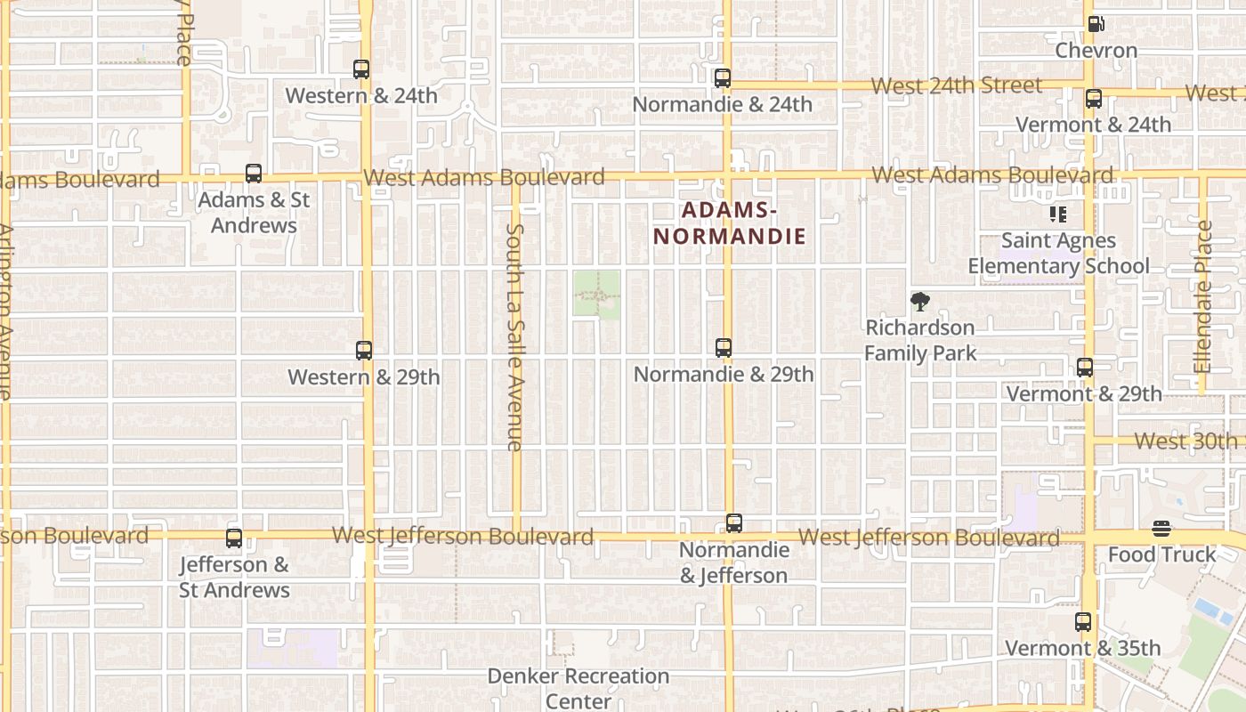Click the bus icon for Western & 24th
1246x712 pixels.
coord(361,69)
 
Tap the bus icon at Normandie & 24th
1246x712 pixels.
coord(723,78)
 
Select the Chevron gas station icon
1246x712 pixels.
coord(1096,24)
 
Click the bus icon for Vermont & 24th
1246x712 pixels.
coord(1094,99)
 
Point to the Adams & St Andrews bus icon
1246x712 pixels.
coord(254,174)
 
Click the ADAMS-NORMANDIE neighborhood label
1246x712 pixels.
coord(729,223)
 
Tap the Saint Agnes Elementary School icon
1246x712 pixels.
coord(1058,214)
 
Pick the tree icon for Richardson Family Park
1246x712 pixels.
coord(920,302)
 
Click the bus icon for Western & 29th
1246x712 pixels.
coord(364,351)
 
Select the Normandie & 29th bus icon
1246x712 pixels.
coord(724,348)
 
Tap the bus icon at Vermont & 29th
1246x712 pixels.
coord(1084,368)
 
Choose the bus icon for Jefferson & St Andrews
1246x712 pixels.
coord(234,538)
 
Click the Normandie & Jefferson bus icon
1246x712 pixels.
coord(734,523)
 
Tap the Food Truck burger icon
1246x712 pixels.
coord(1161,530)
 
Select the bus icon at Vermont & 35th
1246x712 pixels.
coord(1083,622)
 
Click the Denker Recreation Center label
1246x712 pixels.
coord(578,688)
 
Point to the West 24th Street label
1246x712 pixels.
coord(956,85)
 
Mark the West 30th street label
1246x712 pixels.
coord(1185,441)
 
